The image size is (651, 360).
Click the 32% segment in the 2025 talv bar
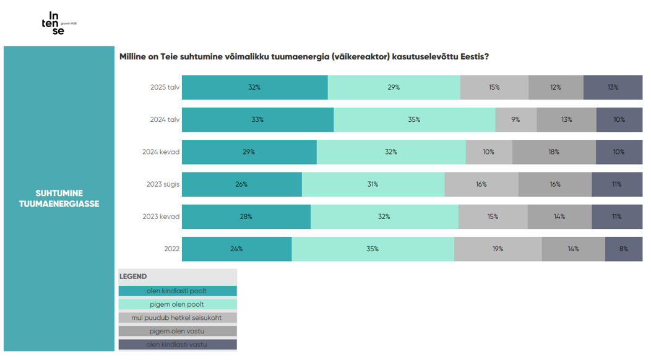[x=254, y=87]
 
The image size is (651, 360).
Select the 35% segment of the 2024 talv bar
[x=414, y=119]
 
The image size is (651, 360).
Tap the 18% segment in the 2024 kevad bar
[x=554, y=152]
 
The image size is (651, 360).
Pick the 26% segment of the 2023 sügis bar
[x=241, y=184]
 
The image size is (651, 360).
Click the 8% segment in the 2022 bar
[x=623, y=249]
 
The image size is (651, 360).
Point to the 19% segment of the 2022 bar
[x=498, y=249]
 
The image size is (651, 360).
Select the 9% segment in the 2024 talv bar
[x=515, y=119]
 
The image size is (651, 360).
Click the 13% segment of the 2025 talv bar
[x=613, y=87]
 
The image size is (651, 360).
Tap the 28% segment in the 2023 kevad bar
[x=246, y=216]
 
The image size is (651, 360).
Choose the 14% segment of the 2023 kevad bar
[x=559, y=216]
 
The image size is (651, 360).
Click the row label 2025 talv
[x=165, y=87]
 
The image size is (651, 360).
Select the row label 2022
[x=171, y=249]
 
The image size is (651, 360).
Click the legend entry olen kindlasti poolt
[x=177, y=291]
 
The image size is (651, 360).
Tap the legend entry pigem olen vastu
[x=177, y=331]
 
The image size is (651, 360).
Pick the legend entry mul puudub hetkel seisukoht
[x=177, y=317]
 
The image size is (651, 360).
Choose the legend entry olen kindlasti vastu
[x=177, y=345]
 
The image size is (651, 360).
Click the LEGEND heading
[x=133, y=276]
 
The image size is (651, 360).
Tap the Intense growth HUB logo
[x=58, y=24]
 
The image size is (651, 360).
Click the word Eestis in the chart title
[x=474, y=57]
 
